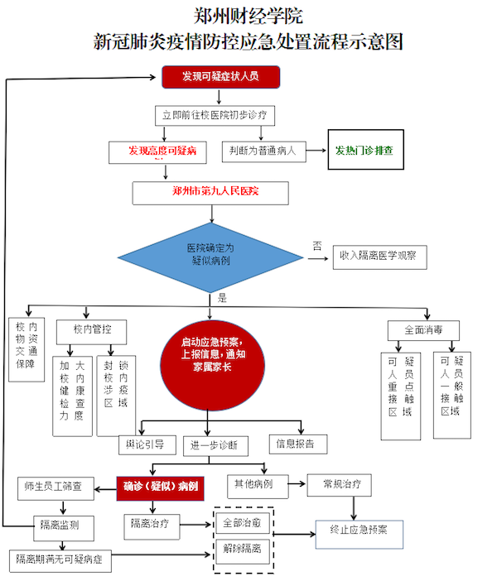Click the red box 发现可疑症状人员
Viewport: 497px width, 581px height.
220,78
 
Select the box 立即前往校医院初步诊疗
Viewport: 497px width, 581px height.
214,114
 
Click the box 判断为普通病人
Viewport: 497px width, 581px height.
263,151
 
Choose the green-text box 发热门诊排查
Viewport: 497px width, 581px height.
364,151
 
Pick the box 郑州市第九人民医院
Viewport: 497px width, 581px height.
210,192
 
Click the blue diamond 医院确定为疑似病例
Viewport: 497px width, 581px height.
210,253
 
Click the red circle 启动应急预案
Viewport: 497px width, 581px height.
213,355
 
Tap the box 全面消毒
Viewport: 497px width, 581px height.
423,330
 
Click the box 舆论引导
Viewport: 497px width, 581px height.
146,444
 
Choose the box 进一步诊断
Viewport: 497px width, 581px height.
216,445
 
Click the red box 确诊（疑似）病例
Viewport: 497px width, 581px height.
160,487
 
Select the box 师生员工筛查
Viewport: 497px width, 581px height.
55,486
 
